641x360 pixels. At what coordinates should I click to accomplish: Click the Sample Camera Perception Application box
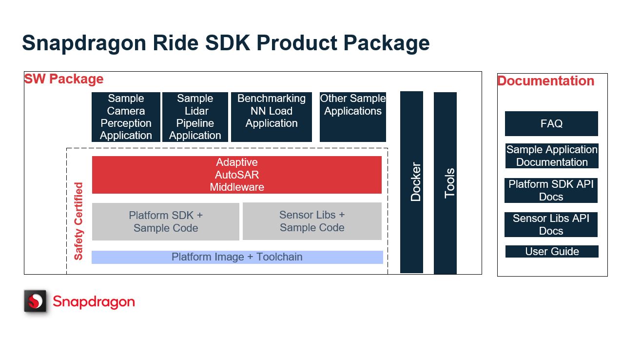(126, 117)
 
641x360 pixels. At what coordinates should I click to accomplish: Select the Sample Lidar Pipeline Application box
(195, 117)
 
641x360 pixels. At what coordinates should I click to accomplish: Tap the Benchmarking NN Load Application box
(271, 117)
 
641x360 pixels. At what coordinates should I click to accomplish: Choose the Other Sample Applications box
(352, 117)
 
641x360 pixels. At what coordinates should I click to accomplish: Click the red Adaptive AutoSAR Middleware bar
(236, 175)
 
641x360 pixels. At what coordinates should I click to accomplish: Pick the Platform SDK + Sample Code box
(165, 221)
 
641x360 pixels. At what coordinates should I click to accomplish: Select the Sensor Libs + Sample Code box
(312, 221)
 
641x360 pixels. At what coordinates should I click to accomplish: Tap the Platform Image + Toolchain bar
(237, 257)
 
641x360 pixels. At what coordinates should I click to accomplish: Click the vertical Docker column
(411, 182)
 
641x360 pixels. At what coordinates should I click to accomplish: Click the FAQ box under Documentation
(551, 124)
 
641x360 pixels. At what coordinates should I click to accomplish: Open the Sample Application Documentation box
(551, 156)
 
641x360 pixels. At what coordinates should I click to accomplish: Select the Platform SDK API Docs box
(551, 191)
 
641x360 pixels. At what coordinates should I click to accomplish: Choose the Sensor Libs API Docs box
(551, 225)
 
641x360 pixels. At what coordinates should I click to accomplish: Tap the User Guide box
(552, 252)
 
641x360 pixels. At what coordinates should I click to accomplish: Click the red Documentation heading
(545, 81)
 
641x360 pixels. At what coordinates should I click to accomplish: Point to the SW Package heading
(64, 79)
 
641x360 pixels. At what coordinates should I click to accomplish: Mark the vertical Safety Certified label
(78, 221)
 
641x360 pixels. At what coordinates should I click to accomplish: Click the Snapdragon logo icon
(35, 301)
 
